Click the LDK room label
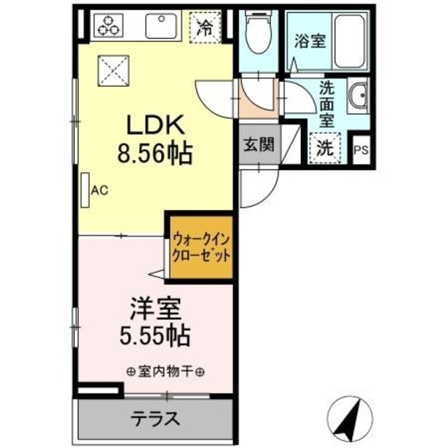click(154, 126)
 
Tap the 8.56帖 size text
click(155, 153)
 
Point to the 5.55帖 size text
click(154, 336)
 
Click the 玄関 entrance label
click(258, 146)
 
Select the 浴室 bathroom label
click(309, 41)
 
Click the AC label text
click(99, 189)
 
